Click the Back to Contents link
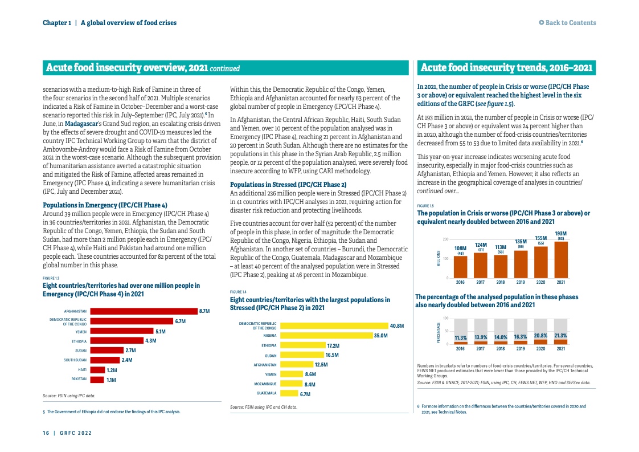(x=567, y=23)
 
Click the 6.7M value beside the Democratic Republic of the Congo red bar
(x=181, y=321)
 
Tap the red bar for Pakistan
(x=97, y=379)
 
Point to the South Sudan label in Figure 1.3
(x=75, y=360)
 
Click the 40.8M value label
(x=396, y=326)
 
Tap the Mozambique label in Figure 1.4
(x=265, y=384)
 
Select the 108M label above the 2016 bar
(x=460, y=248)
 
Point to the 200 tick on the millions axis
(x=445, y=239)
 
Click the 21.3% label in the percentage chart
(x=560, y=336)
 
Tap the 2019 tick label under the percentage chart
(x=521, y=348)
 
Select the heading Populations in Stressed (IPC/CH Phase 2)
(x=288, y=185)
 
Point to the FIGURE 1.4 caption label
(x=237, y=292)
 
